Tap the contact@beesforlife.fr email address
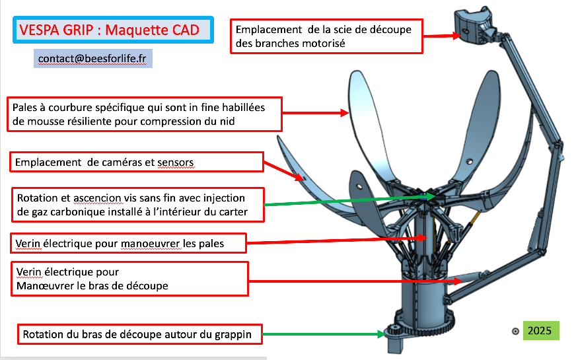[92, 58]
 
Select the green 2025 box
[541, 330]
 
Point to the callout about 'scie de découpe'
[326, 36]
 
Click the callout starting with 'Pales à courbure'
[145, 114]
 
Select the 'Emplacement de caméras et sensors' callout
[137, 162]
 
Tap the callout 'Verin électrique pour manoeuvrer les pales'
[128, 243]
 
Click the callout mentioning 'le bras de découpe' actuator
[129, 279]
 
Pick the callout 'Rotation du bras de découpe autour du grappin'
[138, 334]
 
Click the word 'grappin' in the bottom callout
[233, 335]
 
